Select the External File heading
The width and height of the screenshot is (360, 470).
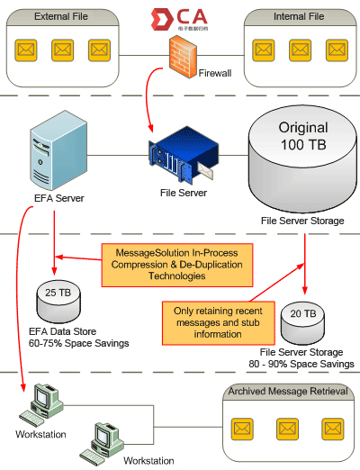pyautogui.click(x=62, y=17)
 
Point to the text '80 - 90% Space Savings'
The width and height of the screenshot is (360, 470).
pyautogui.click(x=301, y=364)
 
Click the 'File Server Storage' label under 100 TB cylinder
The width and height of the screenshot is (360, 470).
pyautogui.click(x=301, y=220)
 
